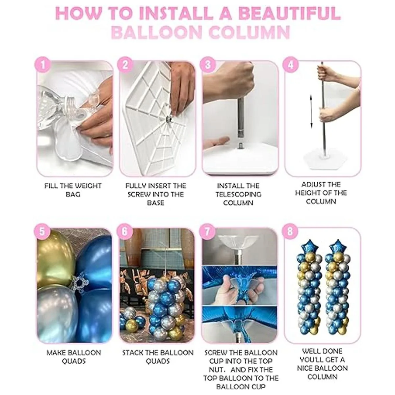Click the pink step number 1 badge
point(43,65)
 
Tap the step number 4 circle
point(290,65)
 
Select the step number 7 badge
point(207,232)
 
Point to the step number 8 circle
point(290,232)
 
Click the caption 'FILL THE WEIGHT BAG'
point(73,190)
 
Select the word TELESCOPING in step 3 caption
point(238,194)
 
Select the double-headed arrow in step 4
point(311,111)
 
